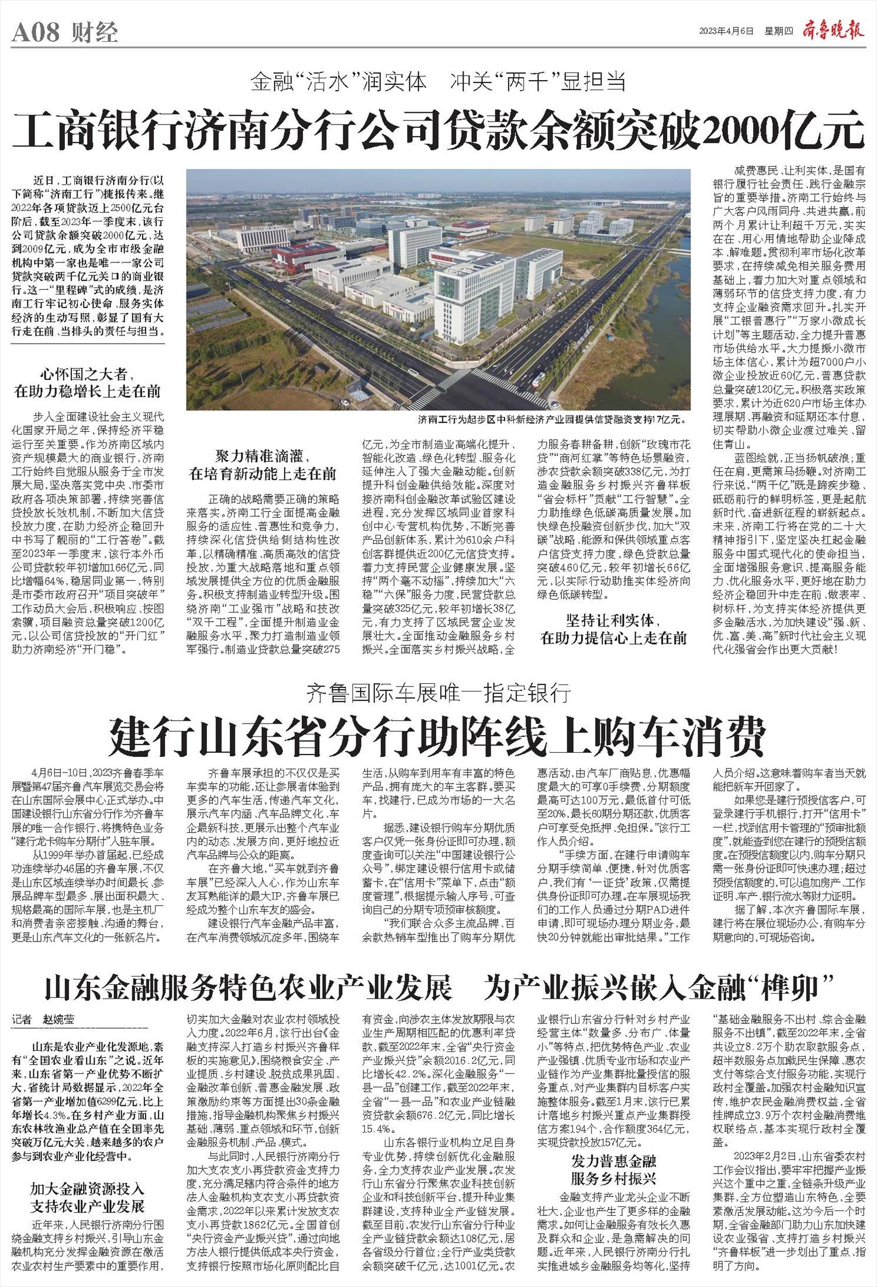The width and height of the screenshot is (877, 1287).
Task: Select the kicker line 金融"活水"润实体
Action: pyautogui.click(x=339, y=82)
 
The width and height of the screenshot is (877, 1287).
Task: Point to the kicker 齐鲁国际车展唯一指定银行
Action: pyautogui.click(x=438, y=694)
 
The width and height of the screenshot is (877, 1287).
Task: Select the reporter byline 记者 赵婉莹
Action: pyautogui.click(x=44, y=1020)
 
